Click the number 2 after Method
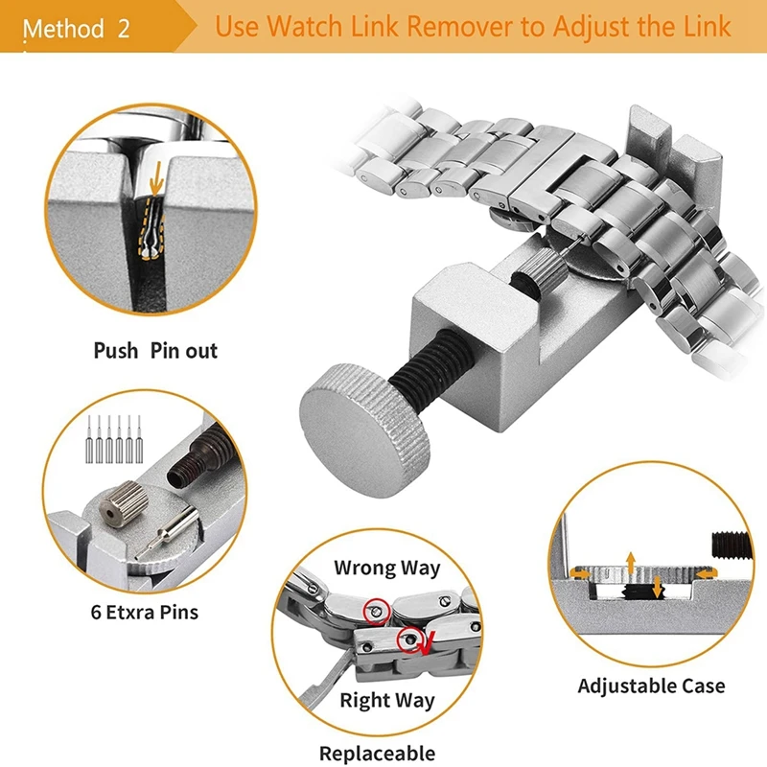coord(123,28)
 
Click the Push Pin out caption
coord(155,351)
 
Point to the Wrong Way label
coord(386,568)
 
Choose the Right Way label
coord(386,701)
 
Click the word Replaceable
coord(377,754)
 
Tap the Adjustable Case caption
coord(651,686)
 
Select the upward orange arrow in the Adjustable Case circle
coord(630,561)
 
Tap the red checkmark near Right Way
coord(424,639)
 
